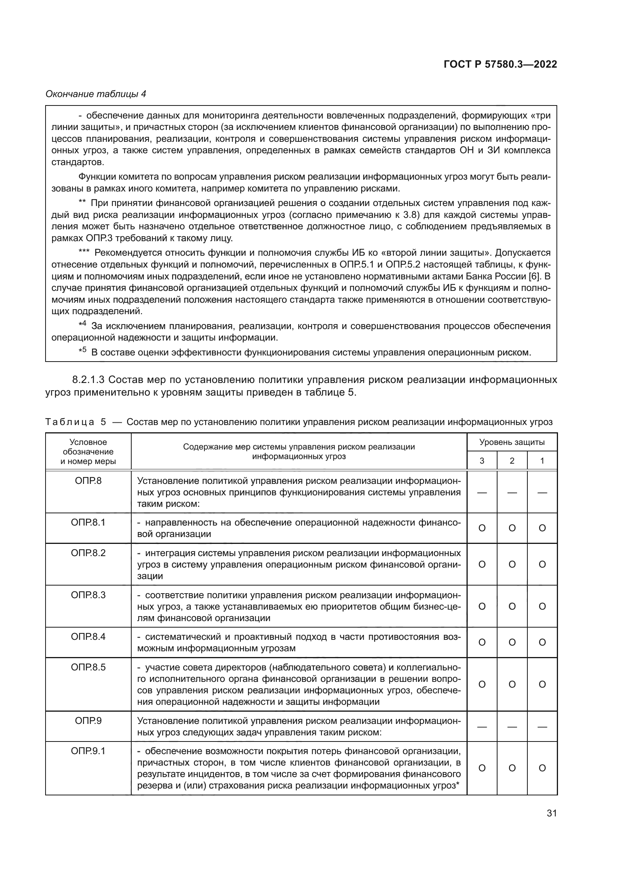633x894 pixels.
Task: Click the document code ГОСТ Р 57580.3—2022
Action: tap(500, 65)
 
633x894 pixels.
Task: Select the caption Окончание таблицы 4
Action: tap(96, 94)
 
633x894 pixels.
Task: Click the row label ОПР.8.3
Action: tap(88, 595)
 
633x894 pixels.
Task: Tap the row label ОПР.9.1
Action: tap(88, 751)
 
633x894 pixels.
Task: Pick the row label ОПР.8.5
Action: tap(88, 667)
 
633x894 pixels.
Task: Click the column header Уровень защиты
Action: tap(512, 442)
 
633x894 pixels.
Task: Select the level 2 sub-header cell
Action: tap(512, 461)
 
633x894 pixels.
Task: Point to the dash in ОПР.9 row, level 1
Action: tap(542, 727)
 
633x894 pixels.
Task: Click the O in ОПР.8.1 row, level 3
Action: tap(482, 528)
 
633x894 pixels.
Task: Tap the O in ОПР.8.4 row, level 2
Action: tap(512, 643)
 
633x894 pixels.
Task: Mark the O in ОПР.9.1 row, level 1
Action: tap(542, 768)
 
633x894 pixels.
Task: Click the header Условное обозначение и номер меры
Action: tap(88, 452)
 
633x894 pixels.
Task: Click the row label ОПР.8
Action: tap(88, 481)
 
